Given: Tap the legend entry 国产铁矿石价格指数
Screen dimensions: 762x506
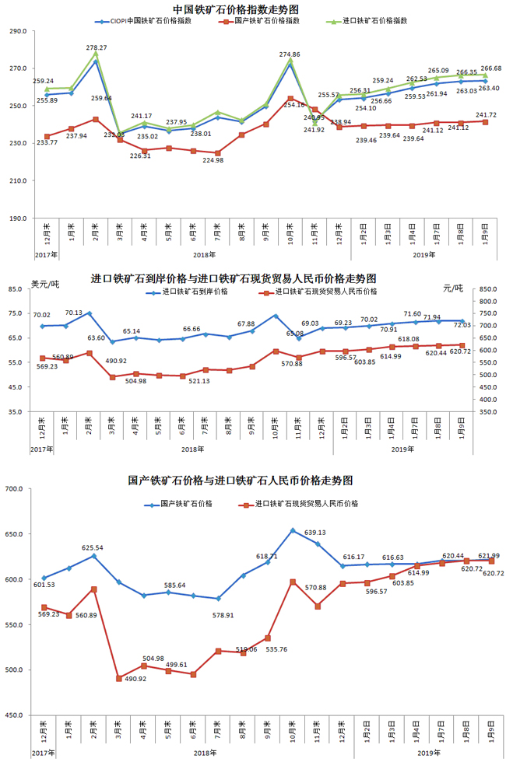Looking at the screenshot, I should coord(265,22).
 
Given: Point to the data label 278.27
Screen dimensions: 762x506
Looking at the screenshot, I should coord(97,48).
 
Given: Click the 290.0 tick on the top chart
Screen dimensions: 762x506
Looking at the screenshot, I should coord(17,31).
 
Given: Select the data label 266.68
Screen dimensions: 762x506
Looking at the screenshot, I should coord(489,69).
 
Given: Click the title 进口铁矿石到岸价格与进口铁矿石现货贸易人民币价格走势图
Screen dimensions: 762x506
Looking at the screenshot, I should coord(234,278).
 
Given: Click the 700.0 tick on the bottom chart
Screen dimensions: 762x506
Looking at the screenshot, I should coord(16,489).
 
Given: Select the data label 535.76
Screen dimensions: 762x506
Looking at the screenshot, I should coord(276,648).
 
